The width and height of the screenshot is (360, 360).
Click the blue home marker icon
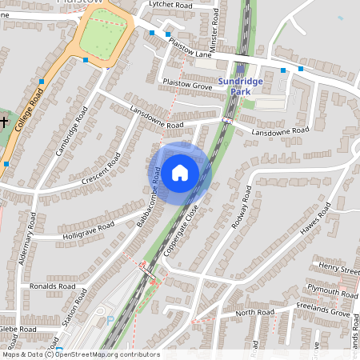(180, 172)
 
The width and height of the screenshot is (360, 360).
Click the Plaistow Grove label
(186, 83)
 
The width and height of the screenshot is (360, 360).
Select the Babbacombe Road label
(149, 203)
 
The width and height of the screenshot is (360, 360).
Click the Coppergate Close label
(190, 227)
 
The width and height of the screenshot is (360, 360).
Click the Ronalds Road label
(52, 286)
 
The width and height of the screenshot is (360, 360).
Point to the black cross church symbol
(5, 122)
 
